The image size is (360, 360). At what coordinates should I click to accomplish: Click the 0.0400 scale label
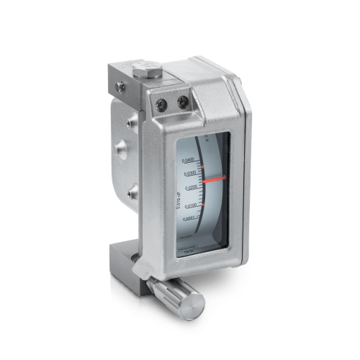[189, 160]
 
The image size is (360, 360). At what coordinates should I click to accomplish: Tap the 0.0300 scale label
[191, 174]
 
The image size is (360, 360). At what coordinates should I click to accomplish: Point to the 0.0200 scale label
[192, 189]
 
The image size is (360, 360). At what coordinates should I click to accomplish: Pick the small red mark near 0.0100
[204, 205]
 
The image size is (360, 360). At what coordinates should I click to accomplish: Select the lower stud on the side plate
[131, 192]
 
